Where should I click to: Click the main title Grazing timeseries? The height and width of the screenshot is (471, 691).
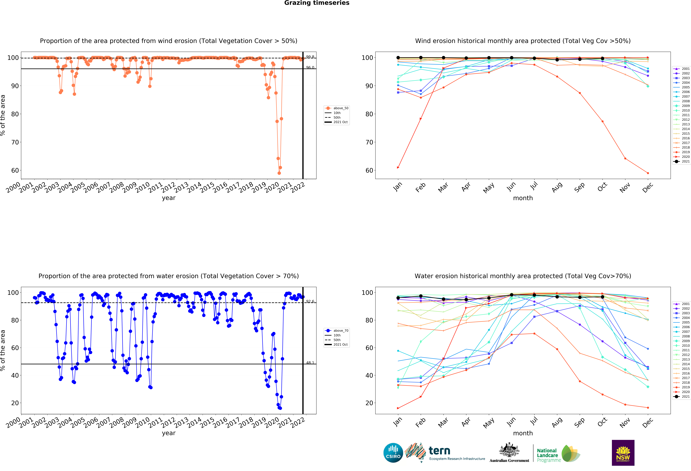pyautogui.click(x=317, y=3)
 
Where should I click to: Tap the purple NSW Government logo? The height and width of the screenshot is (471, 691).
pyautogui.click(x=623, y=453)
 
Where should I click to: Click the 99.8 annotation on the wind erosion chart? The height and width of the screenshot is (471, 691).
pyautogui.click(x=310, y=57)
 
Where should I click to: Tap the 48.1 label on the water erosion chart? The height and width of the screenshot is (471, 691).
pyautogui.click(x=310, y=363)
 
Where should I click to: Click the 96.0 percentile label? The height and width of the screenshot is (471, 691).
pyautogui.click(x=310, y=68)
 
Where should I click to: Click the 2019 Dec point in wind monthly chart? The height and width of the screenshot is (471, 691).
pyautogui.click(x=648, y=173)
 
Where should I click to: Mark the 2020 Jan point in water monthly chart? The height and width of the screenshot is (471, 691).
pyautogui.click(x=398, y=408)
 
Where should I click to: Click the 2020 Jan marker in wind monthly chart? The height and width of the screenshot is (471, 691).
pyautogui.click(x=398, y=167)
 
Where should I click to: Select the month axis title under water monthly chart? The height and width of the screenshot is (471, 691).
pyautogui.click(x=523, y=433)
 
